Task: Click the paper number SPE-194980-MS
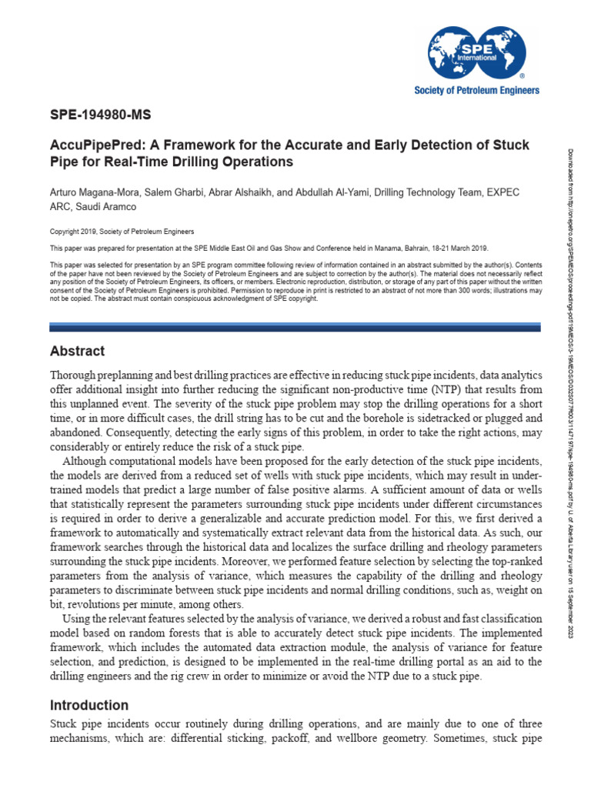pyautogui.click(x=100, y=116)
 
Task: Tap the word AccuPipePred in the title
pyautogui.click(x=89, y=145)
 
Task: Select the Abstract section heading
pyautogui.click(x=77, y=351)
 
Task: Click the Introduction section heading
pyautogui.click(x=89, y=705)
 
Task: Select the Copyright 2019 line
pyautogui.click(x=122, y=231)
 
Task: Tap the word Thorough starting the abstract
pyautogui.click(x=75, y=375)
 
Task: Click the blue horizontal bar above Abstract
pyautogui.click(x=295, y=327)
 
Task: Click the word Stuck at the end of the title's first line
pyautogui.click(x=512, y=145)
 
